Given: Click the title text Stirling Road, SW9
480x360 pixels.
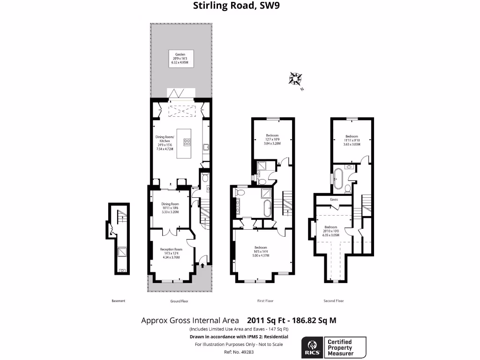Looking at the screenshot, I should click(240, 6).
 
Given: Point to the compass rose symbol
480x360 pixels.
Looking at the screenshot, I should click(295, 78).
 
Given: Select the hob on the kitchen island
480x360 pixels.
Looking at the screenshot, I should click(187, 142).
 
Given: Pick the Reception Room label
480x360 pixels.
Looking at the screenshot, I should click(171, 253).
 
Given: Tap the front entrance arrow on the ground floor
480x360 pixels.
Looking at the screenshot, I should click(202, 266).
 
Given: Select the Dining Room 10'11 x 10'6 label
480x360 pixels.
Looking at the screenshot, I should click(171, 207).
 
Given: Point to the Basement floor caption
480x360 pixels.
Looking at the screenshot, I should click(119, 301).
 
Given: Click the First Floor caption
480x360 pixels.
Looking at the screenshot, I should click(265, 301).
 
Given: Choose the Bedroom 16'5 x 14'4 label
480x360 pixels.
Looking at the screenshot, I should click(261, 251).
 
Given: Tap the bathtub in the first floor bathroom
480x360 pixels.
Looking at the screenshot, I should click(268, 209).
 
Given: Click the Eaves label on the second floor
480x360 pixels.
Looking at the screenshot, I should click(334, 199).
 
